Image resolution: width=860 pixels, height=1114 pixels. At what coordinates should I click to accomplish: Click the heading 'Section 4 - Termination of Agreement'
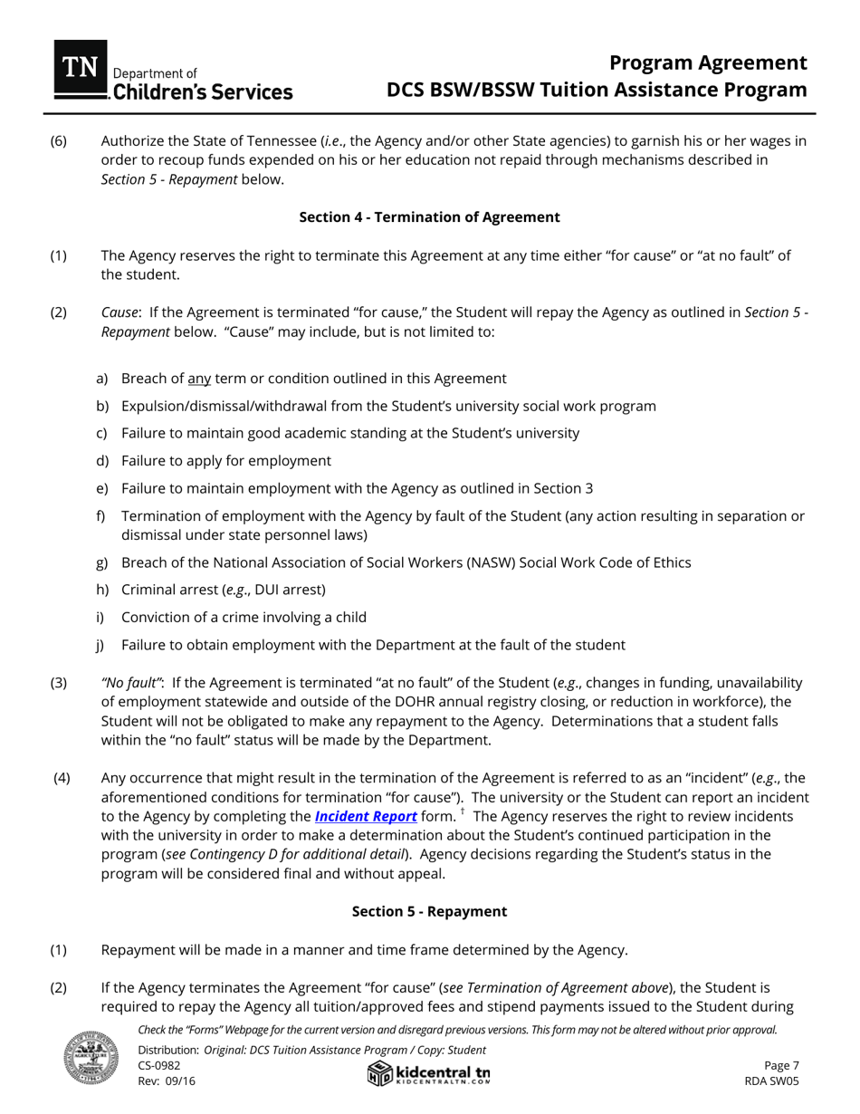pos(429,217)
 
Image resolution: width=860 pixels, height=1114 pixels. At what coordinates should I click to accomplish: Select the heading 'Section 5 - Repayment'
pos(429,911)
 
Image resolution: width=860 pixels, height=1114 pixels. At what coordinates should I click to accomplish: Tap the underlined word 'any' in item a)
pos(198,379)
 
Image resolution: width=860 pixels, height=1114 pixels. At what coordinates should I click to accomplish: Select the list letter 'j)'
pos(101,645)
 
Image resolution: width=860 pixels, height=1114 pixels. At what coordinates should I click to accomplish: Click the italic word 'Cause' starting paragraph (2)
pos(119,312)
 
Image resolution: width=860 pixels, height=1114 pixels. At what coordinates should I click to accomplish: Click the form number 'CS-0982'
pos(159,1065)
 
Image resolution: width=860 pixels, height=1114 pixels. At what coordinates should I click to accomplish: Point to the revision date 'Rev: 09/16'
pos(167,1080)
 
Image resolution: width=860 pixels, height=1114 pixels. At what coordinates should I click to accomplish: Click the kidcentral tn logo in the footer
pos(429,1074)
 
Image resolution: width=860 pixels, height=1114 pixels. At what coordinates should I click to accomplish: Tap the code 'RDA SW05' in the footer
pos(771,1080)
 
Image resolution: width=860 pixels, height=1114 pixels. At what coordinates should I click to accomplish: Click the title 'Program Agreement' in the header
pos(707,62)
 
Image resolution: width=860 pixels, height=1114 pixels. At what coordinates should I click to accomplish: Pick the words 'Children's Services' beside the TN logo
pos(202,91)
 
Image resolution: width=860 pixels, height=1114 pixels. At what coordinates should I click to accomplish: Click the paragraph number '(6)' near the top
pos(58,141)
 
